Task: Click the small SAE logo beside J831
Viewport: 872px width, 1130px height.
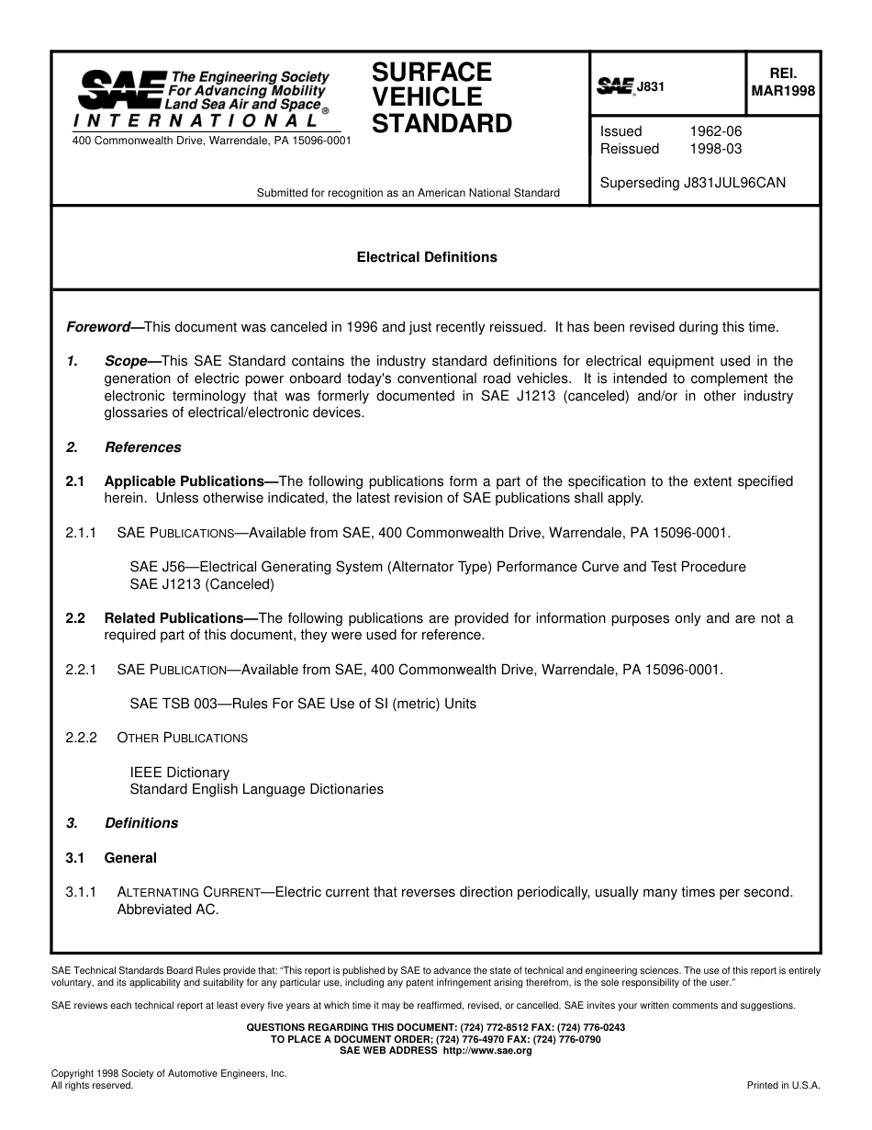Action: (x=616, y=87)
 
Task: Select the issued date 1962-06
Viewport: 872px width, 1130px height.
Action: (x=715, y=131)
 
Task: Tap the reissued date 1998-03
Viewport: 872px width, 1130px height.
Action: (x=715, y=149)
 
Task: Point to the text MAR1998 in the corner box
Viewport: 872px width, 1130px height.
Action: (x=782, y=91)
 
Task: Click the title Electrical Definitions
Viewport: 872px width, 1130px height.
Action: (x=427, y=257)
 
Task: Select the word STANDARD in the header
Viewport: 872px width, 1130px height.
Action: (x=442, y=124)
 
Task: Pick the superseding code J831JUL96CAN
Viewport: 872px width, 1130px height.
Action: (x=734, y=183)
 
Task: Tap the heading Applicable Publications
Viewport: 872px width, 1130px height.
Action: (x=184, y=481)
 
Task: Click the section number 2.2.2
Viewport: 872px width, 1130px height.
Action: (x=82, y=738)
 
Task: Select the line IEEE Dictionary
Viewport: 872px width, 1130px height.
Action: (x=179, y=773)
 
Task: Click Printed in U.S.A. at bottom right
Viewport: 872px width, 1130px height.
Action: (x=783, y=1085)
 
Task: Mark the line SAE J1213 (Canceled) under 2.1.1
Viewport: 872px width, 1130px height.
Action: (x=202, y=584)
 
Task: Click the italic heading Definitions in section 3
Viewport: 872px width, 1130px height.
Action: (x=141, y=823)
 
